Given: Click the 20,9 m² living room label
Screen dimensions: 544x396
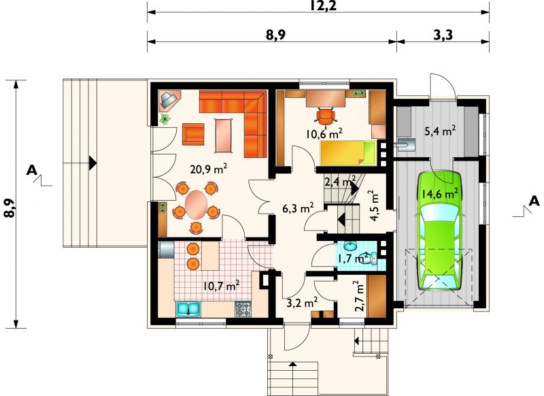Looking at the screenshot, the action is pyautogui.click(x=209, y=169).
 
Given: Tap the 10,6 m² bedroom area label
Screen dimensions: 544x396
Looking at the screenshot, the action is pyautogui.click(x=324, y=133).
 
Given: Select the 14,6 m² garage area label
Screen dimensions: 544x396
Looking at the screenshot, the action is pyautogui.click(x=440, y=193).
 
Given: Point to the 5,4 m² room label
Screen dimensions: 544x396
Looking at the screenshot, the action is pyautogui.click(x=440, y=131).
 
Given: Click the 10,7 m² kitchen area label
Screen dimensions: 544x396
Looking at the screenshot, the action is pyautogui.click(x=222, y=286).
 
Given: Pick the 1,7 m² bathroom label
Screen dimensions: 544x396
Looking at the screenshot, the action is pyautogui.click(x=352, y=258).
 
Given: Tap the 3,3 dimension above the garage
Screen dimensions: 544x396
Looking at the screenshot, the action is pyautogui.click(x=443, y=35).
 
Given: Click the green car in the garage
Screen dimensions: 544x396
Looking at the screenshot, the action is pyautogui.click(x=439, y=231).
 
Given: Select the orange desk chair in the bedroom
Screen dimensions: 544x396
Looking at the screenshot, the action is pyautogui.click(x=326, y=116).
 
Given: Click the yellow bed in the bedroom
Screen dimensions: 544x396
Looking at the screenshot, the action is pyautogui.click(x=348, y=152).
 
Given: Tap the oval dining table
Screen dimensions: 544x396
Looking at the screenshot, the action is pyautogui.click(x=196, y=204).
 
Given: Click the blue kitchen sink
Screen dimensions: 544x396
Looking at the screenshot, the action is pyautogui.click(x=188, y=309).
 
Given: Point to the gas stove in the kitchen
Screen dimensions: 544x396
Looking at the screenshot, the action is pyautogui.click(x=243, y=309).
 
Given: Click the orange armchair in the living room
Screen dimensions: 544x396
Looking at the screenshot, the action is pyautogui.click(x=193, y=134).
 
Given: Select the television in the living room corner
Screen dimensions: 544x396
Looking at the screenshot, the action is pyautogui.click(x=169, y=101).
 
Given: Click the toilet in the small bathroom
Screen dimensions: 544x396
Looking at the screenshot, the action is pyautogui.click(x=371, y=257).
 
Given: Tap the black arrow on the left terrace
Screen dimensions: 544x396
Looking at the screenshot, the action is pyautogui.click(x=92, y=163).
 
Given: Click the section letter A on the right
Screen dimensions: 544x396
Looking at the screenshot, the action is pyautogui.click(x=534, y=201).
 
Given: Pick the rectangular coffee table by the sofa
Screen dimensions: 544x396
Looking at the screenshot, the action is pyautogui.click(x=224, y=135).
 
